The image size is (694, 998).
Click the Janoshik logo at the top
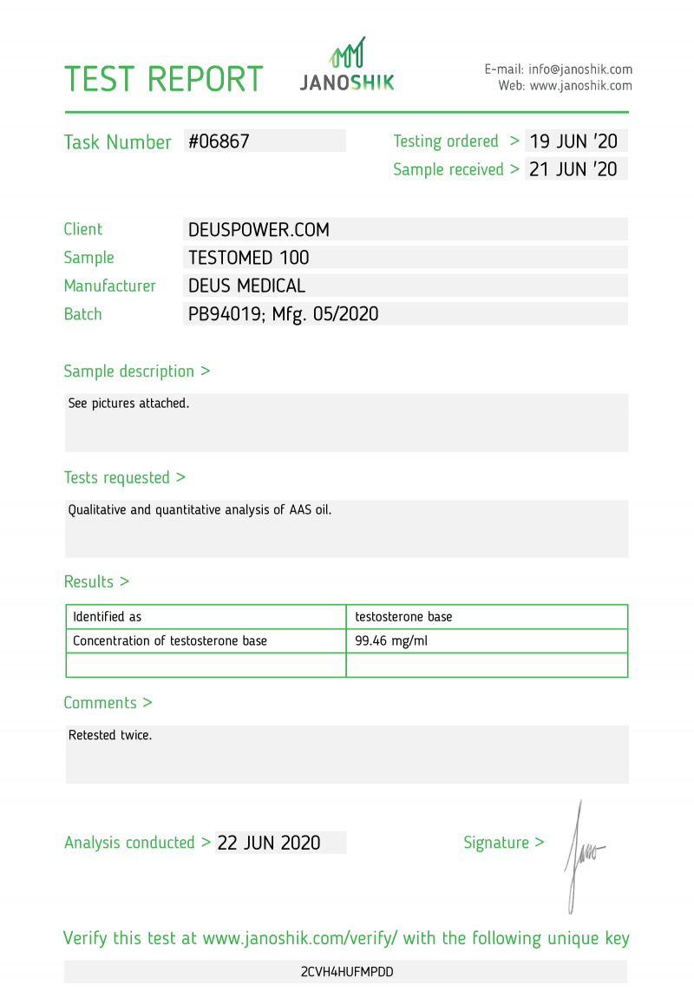(347, 65)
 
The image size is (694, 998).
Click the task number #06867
(219, 141)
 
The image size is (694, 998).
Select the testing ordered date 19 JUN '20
(573, 141)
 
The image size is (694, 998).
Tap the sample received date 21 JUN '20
(573, 169)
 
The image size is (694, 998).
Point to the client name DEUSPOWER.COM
(259, 230)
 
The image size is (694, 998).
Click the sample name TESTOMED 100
(248, 258)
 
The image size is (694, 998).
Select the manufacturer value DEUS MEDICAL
(246, 286)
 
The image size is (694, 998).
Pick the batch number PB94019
(226, 314)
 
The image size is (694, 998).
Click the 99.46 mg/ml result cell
(391, 641)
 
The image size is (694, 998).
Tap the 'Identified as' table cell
(107, 617)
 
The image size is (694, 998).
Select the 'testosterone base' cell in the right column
(403, 617)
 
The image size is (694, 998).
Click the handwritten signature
(580, 855)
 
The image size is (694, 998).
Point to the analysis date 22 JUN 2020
(269, 843)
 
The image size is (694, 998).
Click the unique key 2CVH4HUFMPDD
(347, 972)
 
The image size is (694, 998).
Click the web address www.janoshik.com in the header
(580, 86)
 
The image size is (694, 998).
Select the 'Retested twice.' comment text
(110, 735)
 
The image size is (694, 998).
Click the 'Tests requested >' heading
(124, 477)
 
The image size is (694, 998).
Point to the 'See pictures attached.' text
(128, 403)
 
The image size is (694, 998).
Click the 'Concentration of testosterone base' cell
(170, 641)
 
